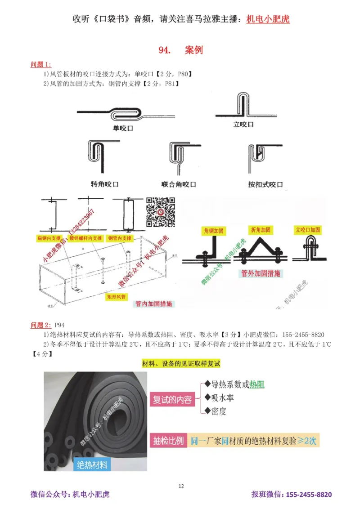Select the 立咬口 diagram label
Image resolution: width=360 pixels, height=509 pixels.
[243, 124]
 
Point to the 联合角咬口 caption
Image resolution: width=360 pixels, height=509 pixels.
[179, 184]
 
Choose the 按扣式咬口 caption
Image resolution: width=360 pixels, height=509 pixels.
[265, 184]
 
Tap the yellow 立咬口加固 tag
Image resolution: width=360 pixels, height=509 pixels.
[308, 229]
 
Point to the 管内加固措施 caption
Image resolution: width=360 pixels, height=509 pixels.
[154, 304]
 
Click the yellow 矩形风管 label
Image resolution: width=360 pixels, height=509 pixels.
[118, 297]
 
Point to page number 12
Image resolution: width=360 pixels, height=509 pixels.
[181, 486]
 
